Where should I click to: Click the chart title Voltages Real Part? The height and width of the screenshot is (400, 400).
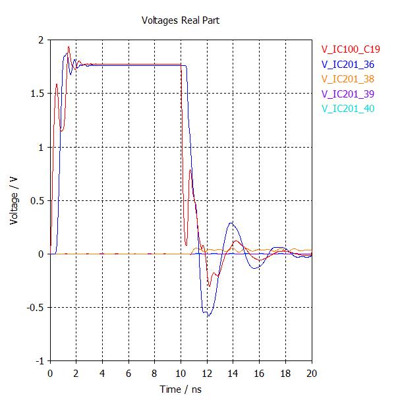point(181,20)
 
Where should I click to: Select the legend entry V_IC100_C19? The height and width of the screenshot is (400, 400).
point(351,49)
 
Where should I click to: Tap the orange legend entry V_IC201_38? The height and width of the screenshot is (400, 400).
point(347,79)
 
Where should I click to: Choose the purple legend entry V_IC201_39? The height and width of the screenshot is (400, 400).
point(347,94)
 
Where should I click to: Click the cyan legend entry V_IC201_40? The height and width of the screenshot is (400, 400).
point(347,109)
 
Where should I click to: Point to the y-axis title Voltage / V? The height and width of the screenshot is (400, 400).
point(14,200)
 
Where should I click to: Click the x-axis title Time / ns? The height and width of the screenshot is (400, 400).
point(181,389)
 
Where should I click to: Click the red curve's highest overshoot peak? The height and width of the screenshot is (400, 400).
point(69,47)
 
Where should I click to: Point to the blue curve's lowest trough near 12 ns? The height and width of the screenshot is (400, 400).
point(208,316)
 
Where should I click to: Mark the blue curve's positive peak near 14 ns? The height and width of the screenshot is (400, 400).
point(231,223)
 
